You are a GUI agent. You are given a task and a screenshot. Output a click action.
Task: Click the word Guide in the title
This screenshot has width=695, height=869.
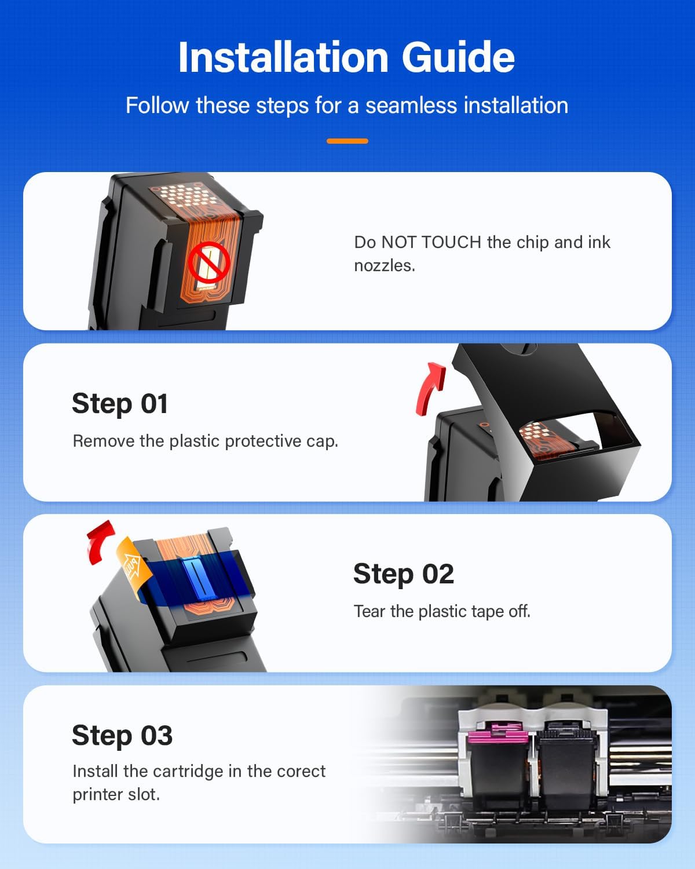tap(458, 57)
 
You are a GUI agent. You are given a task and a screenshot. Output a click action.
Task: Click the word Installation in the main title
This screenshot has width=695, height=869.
tap(283, 57)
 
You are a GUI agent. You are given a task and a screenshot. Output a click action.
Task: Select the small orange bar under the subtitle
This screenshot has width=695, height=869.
tap(347, 141)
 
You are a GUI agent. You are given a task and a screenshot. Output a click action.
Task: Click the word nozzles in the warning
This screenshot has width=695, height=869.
tap(384, 265)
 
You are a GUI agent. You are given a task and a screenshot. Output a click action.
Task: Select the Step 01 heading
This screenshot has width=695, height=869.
tap(120, 403)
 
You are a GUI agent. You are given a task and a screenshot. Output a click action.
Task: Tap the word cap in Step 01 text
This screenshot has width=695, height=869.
tap(323, 441)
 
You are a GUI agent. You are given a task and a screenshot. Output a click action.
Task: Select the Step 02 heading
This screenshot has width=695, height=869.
tap(403, 574)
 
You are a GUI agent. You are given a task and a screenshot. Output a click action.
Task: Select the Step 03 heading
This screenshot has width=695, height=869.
tap(122, 735)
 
